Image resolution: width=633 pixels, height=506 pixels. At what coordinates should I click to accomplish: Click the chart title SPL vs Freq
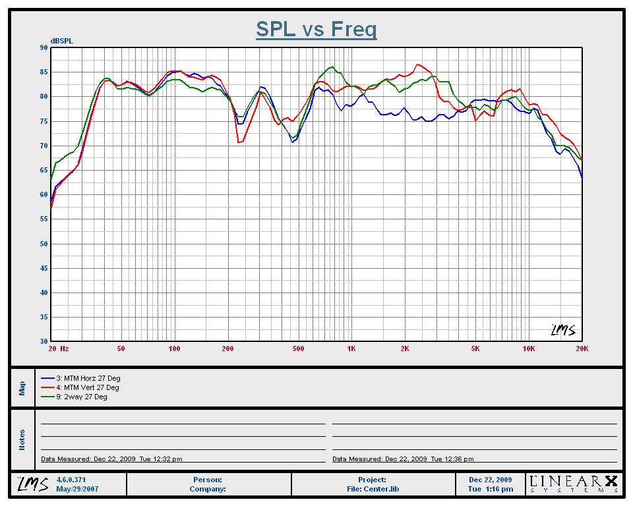pos(316,30)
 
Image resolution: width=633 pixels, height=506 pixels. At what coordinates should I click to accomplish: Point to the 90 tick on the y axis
pos(44,47)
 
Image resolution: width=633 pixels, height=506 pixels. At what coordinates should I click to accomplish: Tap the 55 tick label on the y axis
pos(44,219)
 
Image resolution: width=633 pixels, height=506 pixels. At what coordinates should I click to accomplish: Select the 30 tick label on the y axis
pos(44,342)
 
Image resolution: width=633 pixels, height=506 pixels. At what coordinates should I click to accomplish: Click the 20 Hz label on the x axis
pos(58,349)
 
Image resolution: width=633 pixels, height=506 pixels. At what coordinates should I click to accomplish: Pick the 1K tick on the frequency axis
pos(351,349)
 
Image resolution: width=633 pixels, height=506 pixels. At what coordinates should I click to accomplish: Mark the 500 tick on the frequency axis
pos(298,349)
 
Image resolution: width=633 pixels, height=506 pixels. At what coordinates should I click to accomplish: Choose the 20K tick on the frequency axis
pos(581,349)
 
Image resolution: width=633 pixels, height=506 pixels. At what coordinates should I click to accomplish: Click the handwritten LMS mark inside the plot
pos(562,329)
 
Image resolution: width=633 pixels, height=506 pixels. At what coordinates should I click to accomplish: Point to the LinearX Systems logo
pos(574,484)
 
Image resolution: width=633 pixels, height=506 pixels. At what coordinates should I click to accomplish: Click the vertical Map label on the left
pos(22,387)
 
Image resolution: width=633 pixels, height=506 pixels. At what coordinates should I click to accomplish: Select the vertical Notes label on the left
pos(22,439)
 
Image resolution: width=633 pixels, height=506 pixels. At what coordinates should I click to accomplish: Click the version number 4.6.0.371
pos(73,480)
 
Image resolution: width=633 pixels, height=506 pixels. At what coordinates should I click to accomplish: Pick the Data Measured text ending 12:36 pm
pos(403,459)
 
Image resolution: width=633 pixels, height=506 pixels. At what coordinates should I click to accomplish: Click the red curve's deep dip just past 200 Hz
pos(240,142)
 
